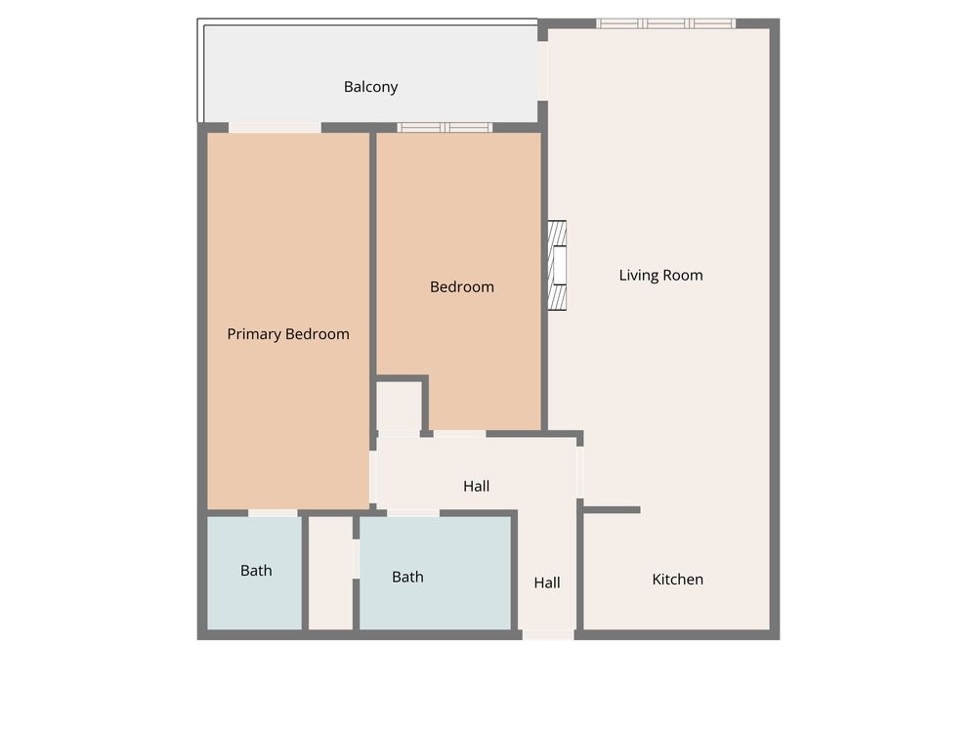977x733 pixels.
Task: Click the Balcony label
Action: pos(370,87)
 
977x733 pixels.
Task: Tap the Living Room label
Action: pos(660,275)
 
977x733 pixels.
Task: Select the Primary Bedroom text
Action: pos(288,334)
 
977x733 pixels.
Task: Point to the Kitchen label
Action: pos(677,579)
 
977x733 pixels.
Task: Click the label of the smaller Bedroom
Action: pos(462,286)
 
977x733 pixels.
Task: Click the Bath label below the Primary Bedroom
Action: pos(256,571)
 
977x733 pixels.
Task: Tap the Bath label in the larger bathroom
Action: pos(407,577)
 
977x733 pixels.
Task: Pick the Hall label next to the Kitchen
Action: pos(547,582)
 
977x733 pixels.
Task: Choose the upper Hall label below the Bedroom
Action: pos(476,486)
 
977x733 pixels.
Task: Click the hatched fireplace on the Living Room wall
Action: pos(557,266)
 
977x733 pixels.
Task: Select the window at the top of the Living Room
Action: pos(665,23)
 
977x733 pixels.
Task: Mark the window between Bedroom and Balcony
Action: pos(445,128)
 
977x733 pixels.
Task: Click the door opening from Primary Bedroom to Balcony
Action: pos(275,128)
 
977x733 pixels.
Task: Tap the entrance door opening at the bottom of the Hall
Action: pos(548,635)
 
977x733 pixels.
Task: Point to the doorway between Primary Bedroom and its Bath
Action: pos(273,513)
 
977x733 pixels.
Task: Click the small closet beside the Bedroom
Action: pos(399,406)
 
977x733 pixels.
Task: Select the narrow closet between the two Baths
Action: pos(331,573)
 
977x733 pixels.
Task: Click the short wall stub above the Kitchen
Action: pos(612,510)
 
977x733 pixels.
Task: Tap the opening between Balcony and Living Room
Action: pos(542,70)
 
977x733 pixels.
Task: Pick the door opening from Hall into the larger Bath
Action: pos(413,513)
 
